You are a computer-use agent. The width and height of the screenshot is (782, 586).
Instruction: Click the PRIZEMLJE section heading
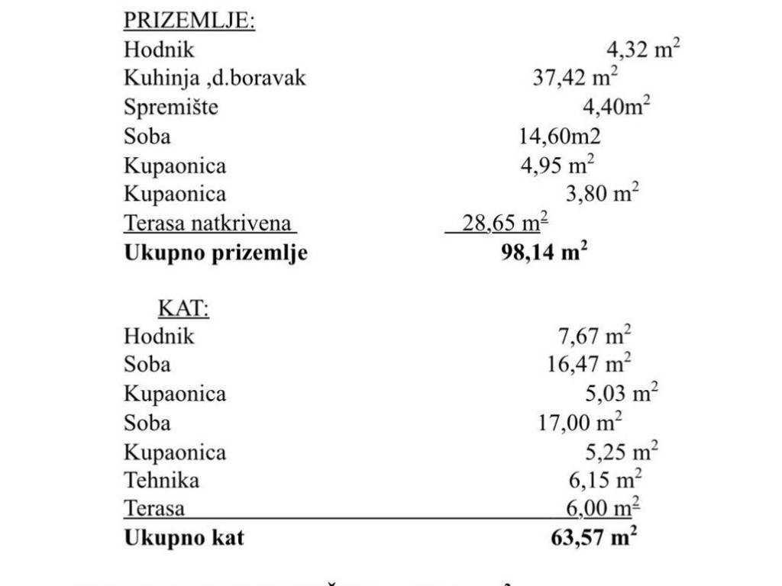coord(189,21)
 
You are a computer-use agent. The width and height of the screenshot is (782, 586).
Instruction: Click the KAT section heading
coord(183,307)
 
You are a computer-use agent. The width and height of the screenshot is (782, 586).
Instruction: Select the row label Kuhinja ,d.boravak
coord(215,79)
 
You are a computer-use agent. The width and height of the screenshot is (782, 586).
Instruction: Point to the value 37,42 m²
coord(575,79)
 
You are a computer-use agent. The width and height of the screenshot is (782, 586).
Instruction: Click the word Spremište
coord(171,108)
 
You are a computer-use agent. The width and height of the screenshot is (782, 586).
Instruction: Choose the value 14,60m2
coord(560,137)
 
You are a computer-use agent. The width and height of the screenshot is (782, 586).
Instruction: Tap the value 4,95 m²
coord(557,166)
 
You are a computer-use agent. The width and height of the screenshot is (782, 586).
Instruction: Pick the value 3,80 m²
coord(602,194)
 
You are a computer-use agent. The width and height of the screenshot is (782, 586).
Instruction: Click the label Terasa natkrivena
coord(208,224)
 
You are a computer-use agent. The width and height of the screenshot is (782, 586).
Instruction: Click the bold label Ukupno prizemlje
coord(215,253)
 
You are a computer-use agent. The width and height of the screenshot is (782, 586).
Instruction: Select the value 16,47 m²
coord(589,365)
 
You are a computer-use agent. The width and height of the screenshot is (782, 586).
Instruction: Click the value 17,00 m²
coord(580,423)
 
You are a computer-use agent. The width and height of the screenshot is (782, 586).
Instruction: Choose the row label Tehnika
coord(162,480)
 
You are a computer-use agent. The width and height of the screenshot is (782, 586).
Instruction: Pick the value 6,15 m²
coord(600,480)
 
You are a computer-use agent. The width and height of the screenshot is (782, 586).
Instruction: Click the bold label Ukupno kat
coord(184,538)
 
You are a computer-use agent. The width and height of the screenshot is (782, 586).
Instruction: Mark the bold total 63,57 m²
coord(593,538)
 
